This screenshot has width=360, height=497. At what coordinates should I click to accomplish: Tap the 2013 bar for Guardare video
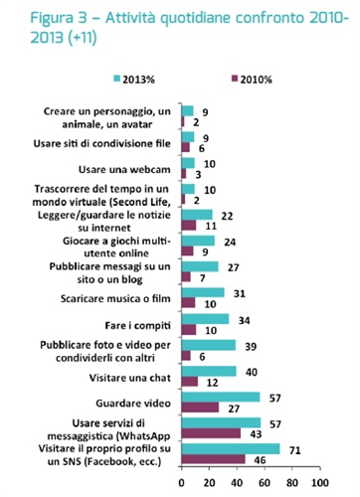click(x=220, y=397)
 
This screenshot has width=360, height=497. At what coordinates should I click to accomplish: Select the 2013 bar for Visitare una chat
click(x=208, y=371)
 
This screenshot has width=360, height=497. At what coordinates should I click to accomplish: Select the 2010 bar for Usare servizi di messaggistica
click(x=211, y=434)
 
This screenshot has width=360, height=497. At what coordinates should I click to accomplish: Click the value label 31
click(x=236, y=291)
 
